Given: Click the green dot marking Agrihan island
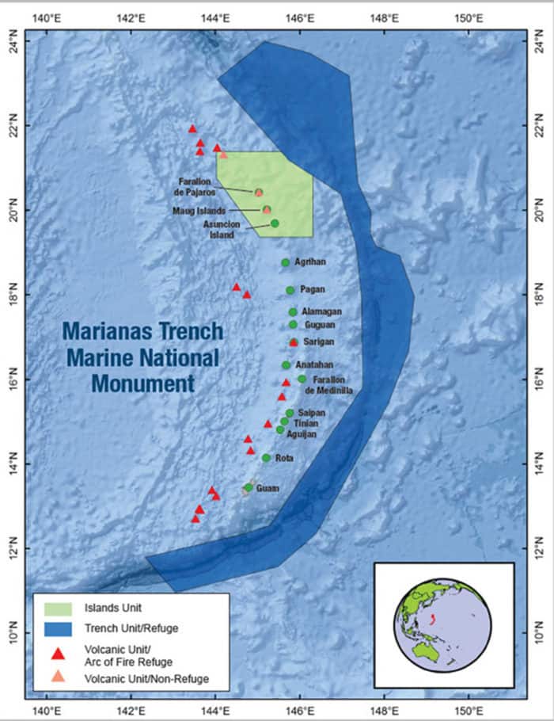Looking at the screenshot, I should pyautogui.click(x=285, y=262).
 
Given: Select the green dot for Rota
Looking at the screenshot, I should pyautogui.click(x=266, y=458).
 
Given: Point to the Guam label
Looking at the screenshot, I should pyautogui.click(x=268, y=488).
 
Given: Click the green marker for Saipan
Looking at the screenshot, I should pyautogui.click(x=290, y=413).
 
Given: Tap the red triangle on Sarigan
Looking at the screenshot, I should pyautogui.click(x=294, y=342).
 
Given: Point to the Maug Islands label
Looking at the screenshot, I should pyautogui.click(x=199, y=210).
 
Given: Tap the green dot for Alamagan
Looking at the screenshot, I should pyautogui.click(x=293, y=312).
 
